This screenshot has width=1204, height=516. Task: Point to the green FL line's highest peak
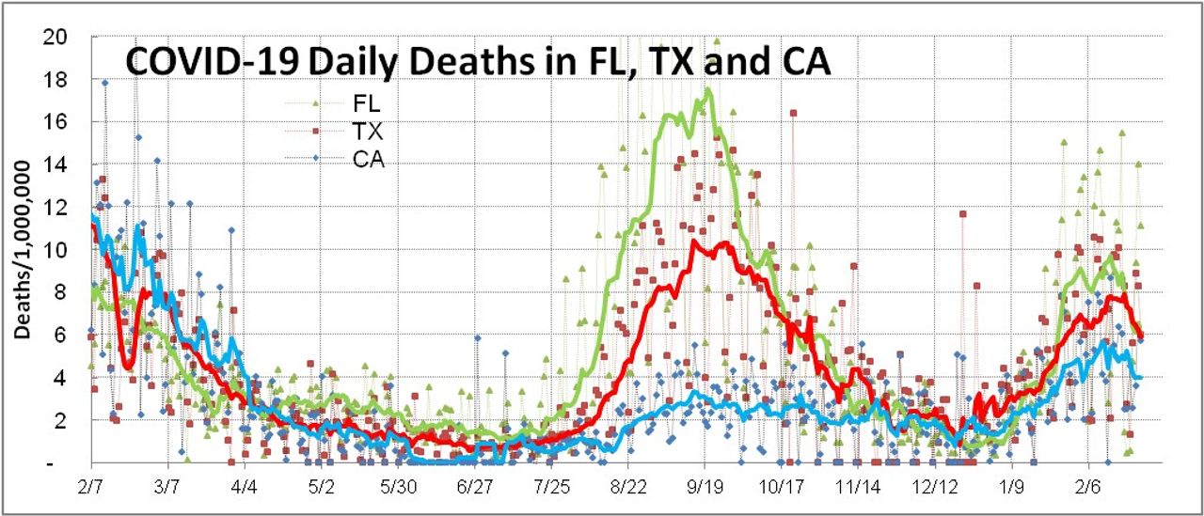(707, 90)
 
